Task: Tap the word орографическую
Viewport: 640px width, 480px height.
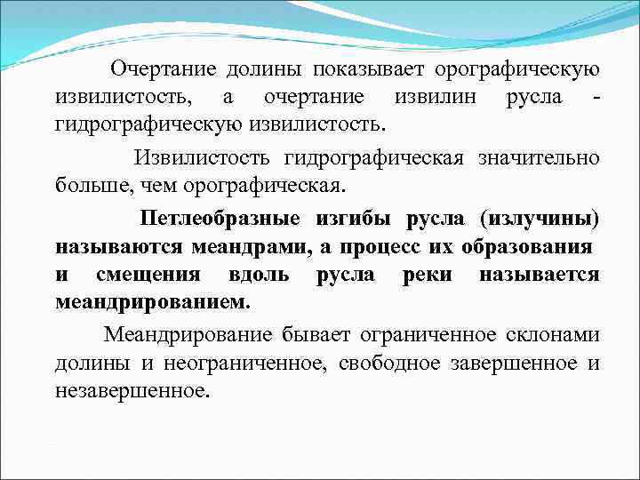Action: pos(515,68)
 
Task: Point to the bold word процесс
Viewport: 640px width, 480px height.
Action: pos(374,247)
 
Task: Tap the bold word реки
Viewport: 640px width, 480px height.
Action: pos(426,275)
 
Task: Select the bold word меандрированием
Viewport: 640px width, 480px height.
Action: pos(152,302)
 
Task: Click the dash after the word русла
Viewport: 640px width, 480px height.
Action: pos(595,96)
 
